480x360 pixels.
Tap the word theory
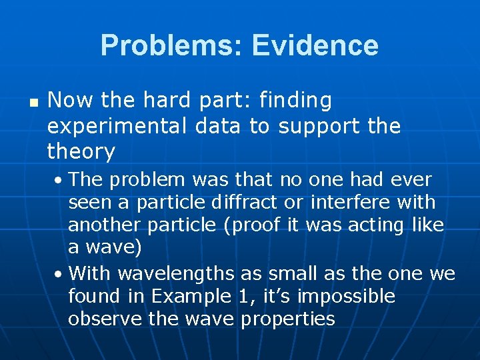tap(81, 152)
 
